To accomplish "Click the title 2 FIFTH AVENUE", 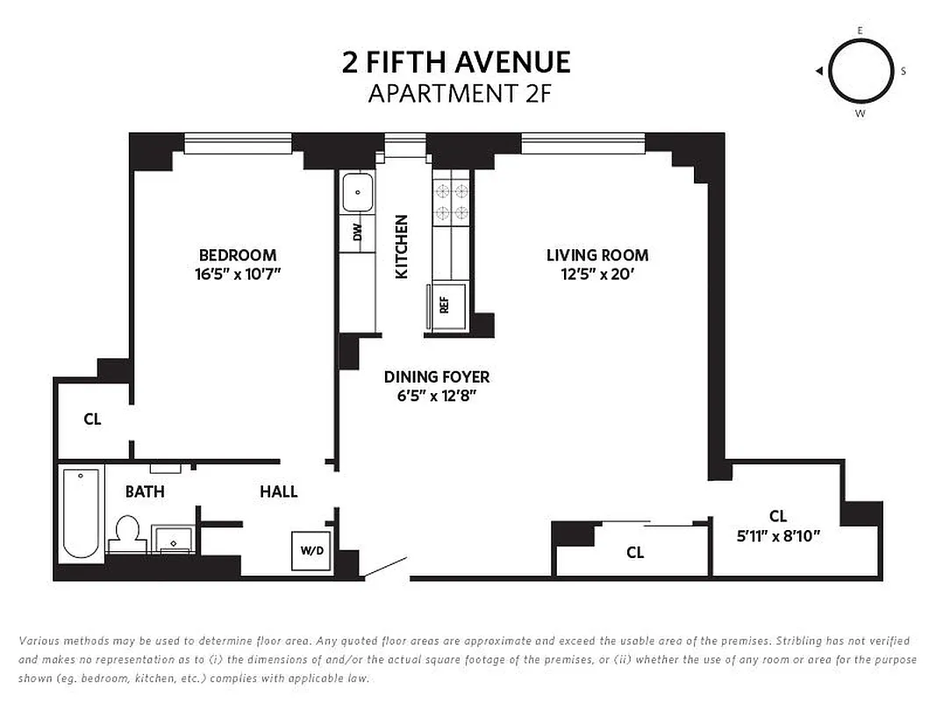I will pyautogui.click(x=455, y=62).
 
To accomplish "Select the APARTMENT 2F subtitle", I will pyautogui.click(x=459, y=93).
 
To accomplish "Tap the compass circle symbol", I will pyautogui.click(x=860, y=71).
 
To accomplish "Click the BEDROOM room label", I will pyautogui.click(x=237, y=255).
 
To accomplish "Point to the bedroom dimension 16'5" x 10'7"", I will pyautogui.click(x=237, y=274).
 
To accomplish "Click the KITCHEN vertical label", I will pyautogui.click(x=402, y=247).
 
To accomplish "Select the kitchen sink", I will pyautogui.click(x=358, y=192).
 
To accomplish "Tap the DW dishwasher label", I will pyautogui.click(x=357, y=233).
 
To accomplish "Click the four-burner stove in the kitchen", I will pyautogui.click(x=451, y=200).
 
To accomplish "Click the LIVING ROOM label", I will pyautogui.click(x=597, y=255).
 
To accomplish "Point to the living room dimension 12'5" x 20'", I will pyautogui.click(x=597, y=274).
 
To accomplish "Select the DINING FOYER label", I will pyautogui.click(x=436, y=377).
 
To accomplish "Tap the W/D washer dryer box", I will pyautogui.click(x=311, y=551).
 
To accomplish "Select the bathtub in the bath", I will pyautogui.click(x=81, y=514).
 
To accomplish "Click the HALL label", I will pyautogui.click(x=278, y=491).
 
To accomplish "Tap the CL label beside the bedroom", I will pyautogui.click(x=92, y=419).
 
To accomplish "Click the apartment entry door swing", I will pyautogui.click(x=385, y=567).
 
